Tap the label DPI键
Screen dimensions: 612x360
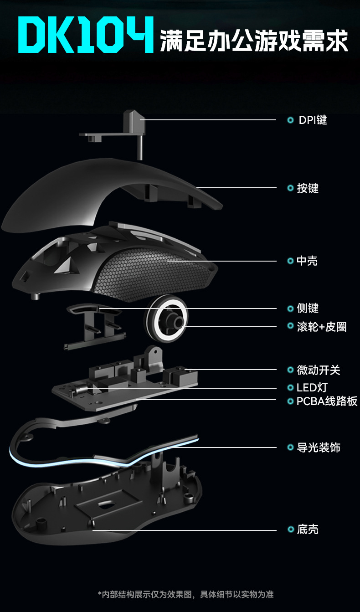pos(313,120)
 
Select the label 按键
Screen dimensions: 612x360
pos(308,188)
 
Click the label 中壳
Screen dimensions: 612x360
pos(307,261)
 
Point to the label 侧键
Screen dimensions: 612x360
pos(308,309)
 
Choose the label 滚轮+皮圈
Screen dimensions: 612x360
pos(322,327)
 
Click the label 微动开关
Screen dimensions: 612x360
pos(319,370)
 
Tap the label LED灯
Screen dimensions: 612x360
pos(312,388)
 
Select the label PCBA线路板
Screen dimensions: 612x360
pos(327,401)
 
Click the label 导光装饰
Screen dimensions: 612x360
pos(319,447)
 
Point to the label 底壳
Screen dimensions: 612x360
pos(308,530)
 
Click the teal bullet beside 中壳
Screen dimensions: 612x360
pos(290,261)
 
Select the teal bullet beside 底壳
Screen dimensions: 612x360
pos(290,530)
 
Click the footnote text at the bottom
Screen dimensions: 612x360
pos(185,594)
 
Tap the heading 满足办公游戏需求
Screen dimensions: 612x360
pos(254,41)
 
